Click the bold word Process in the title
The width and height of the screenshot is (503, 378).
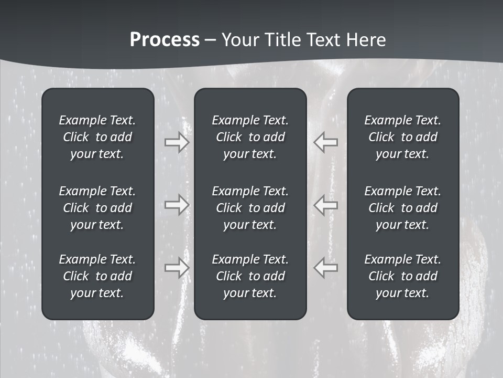[165, 40]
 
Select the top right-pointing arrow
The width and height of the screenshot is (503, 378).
[177, 142]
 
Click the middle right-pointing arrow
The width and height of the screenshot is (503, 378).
[177, 205]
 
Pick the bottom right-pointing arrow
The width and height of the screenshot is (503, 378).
[177, 267]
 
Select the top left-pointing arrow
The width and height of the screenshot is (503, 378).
[326, 142]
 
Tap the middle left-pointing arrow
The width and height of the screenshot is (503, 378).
[326, 205]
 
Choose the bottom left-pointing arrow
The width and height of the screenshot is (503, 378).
[326, 267]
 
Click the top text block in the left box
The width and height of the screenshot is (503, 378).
[97, 137]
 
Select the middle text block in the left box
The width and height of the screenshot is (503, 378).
[97, 208]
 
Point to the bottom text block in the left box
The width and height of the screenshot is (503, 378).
[97, 276]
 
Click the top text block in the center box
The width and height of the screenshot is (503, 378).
[250, 137]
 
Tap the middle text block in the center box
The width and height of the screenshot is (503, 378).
[250, 208]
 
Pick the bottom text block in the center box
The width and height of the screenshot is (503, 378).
[250, 276]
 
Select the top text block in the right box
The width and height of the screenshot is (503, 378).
[402, 137]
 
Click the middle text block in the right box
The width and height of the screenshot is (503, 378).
[402, 208]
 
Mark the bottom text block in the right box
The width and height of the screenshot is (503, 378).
[402, 276]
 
